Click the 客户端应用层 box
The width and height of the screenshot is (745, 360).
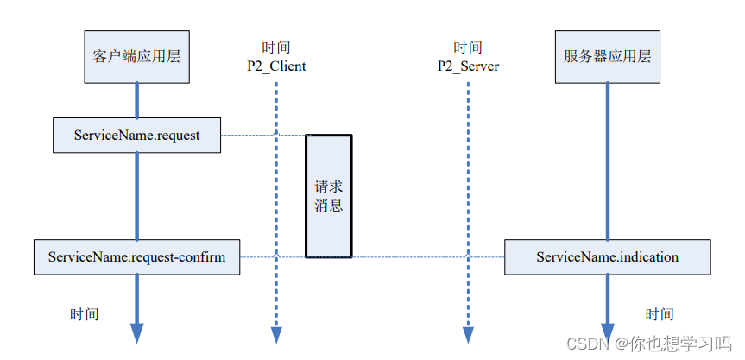[x=137, y=56]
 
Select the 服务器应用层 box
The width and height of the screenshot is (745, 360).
[x=607, y=56]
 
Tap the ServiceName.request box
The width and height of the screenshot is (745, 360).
[x=137, y=136]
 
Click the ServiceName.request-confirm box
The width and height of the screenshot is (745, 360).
[x=137, y=257]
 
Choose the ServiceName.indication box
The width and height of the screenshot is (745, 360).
[x=608, y=257]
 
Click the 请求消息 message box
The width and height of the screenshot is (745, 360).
[x=329, y=196]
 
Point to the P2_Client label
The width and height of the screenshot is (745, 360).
[x=276, y=66]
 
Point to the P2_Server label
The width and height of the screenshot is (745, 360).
[x=469, y=66]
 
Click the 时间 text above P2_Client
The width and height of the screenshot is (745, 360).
[x=276, y=47]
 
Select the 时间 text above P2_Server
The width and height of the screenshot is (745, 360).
[x=468, y=47]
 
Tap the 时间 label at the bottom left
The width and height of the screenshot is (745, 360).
[x=85, y=314]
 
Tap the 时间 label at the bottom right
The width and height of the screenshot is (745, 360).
[x=660, y=314]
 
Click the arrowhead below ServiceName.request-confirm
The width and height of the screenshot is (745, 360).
[x=137, y=333]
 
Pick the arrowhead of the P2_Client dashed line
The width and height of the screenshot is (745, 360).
[x=276, y=335]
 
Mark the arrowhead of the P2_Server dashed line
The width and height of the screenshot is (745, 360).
[x=469, y=335]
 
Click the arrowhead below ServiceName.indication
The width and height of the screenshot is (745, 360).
[x=608, y=332]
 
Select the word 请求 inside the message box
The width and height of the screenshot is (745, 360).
[x=329, y=186]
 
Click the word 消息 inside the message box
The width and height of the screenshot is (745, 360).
[x=329, y=205]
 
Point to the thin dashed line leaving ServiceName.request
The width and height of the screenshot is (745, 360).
[x=263, y=136]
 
